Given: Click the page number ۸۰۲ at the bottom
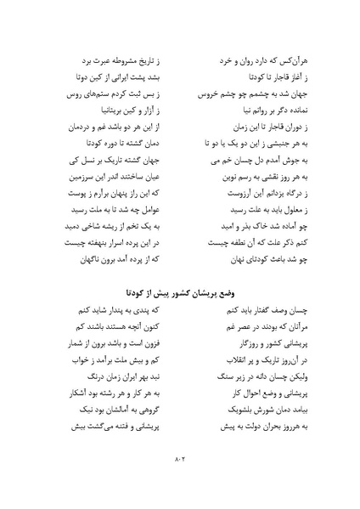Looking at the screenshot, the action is pyautogui.click(x=180, y=461).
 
